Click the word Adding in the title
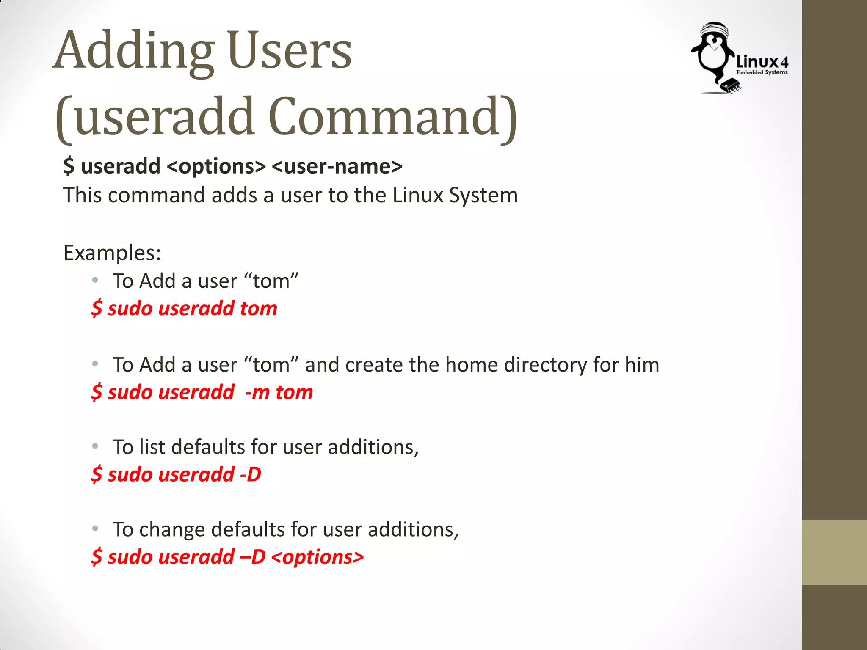133,52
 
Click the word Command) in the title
392,117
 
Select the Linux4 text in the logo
762,62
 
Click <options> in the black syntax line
216,166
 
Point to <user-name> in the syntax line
337,166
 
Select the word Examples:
112,253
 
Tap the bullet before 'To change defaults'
96,529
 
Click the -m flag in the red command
257,393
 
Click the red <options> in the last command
318,557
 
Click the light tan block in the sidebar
834,552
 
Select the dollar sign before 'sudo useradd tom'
97,308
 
